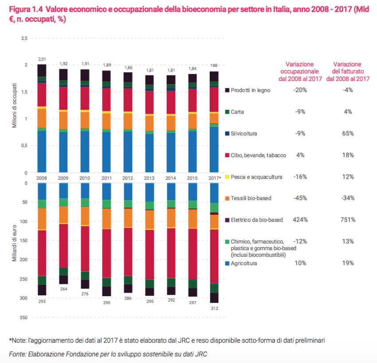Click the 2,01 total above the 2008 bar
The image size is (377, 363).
point(42,59)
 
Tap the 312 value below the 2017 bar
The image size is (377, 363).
point(215,308)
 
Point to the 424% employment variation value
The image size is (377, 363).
point(300,220)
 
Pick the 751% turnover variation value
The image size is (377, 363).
point(348,220)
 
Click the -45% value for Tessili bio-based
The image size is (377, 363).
point(300,198)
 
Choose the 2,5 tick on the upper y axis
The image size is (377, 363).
point(24,39)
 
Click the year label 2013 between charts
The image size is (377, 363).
point(150,178)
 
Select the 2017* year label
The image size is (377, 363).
point(215,178)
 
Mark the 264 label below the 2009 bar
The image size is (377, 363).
point(64,289)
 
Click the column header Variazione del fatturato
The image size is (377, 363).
point(348,71)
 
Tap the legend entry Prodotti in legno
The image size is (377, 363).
point(251,90)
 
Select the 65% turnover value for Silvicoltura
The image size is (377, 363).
point(348,133)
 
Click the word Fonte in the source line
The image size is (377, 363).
point(17,354)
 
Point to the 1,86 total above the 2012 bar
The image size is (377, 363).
point(128,68)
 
